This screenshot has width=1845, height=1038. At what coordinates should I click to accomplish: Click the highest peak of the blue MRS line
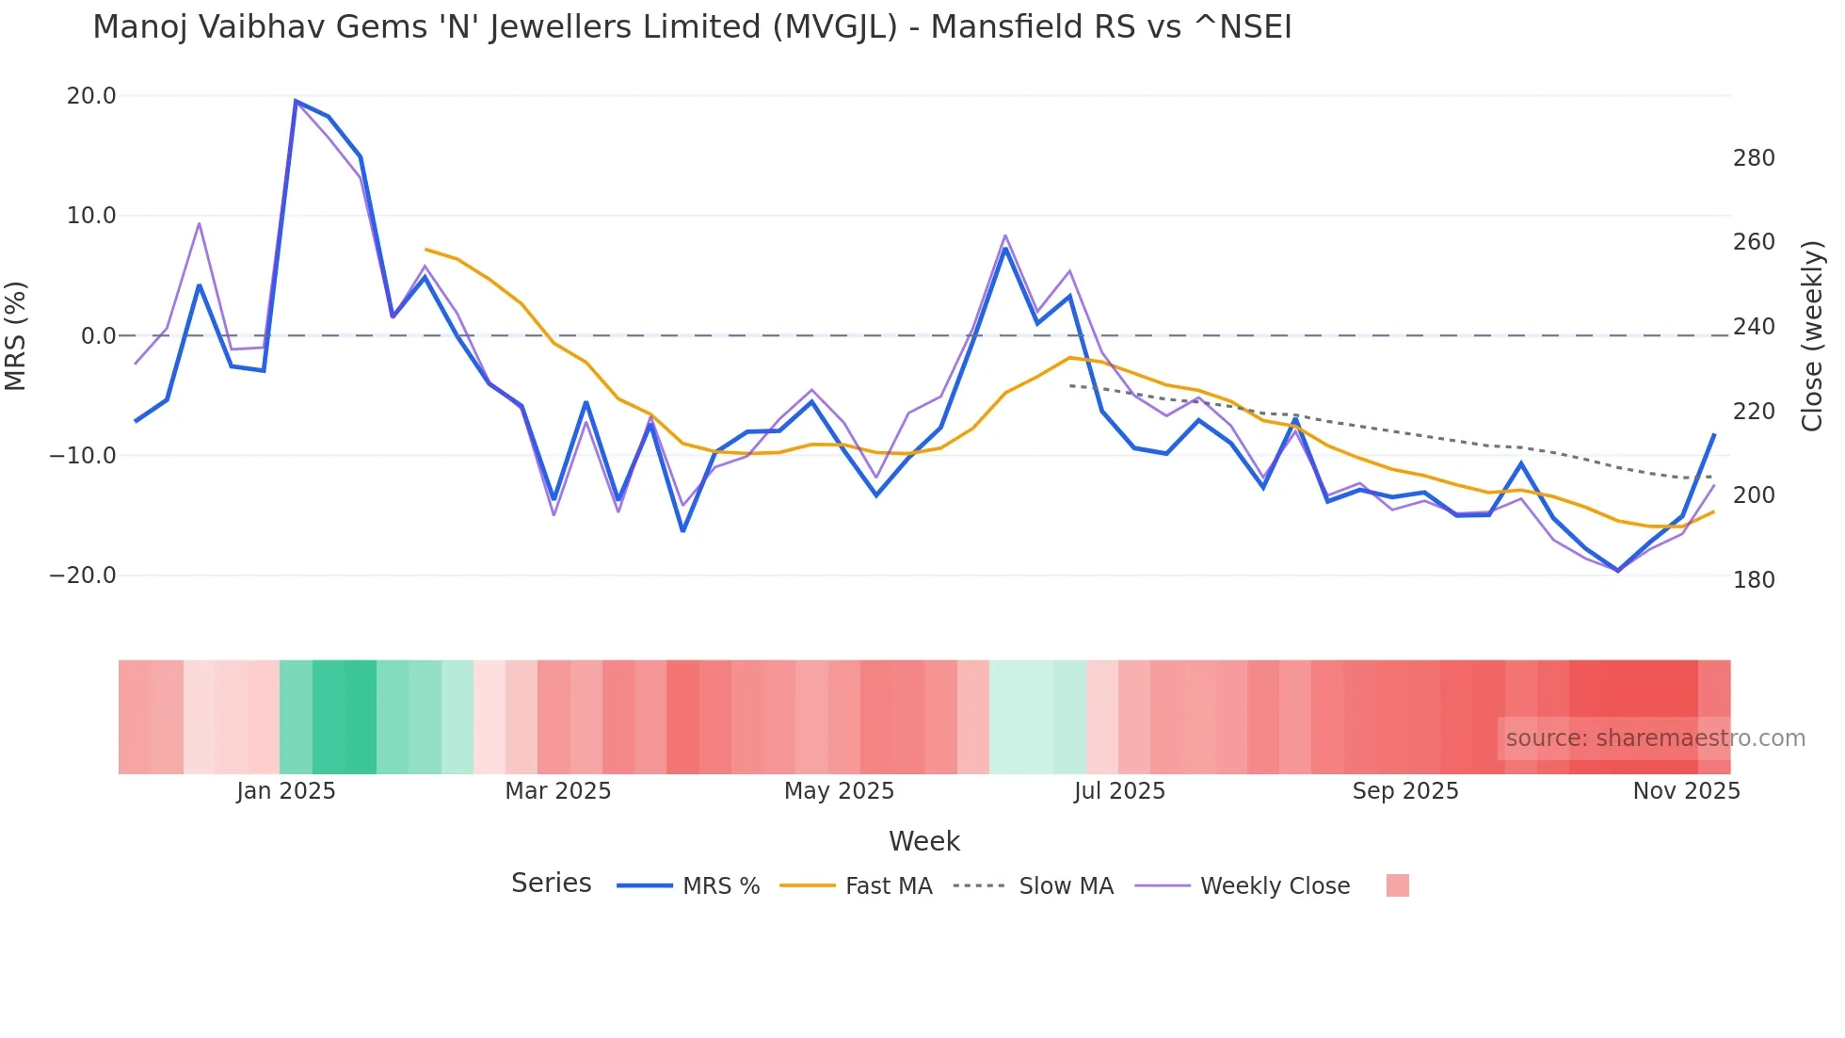pyautogui.click(x=296, y=101)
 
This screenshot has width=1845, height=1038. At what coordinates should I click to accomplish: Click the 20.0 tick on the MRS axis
pyautogui.click(x=91, y=96)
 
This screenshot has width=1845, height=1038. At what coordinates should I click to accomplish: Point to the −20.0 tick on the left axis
pyautogui.click(x=83, y=576)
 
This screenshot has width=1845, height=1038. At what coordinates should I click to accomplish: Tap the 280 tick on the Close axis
pyautogui.click(x=1754, y=158)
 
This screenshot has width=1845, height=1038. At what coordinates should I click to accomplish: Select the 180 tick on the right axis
pyautogui.click(x=1754, y=580)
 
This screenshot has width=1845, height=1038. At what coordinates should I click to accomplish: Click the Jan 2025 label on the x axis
pyautogui.click(x=285, y=791)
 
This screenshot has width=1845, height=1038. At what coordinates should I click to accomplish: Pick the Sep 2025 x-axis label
pyautogui.click(x=1404, y=791)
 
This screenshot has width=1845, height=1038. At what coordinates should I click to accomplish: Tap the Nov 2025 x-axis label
pyautogui.click(x=1686, y=791)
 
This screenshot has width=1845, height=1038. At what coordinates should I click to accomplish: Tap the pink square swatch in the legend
pyautogui.click(x=1397, y=885)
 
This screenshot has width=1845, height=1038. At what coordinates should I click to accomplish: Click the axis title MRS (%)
pyautogui.click(x=16, y=336)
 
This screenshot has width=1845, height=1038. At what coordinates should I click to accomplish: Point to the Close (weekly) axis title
pyautogui.click(x=1812, y=336)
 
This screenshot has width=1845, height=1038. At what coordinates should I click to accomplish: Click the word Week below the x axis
pyautogui.click(x=923, y=841)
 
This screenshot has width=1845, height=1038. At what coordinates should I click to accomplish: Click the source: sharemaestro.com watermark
pyautogui.click(x=1655, y=738)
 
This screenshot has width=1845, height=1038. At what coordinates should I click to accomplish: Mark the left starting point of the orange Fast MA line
pyautogui.click(x=426, y=250)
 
